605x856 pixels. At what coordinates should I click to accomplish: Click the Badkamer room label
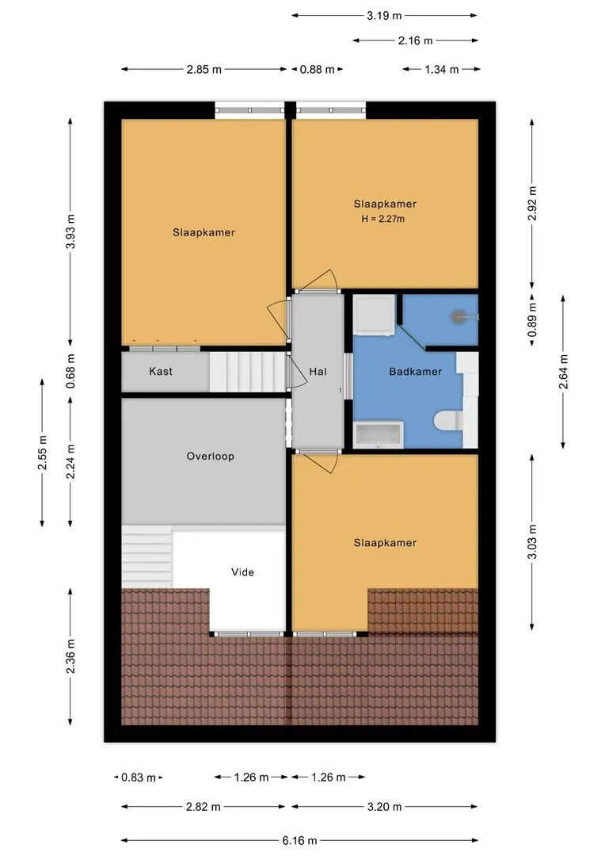[x=415, y=371]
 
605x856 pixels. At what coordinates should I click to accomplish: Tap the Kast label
[x=161, y=371]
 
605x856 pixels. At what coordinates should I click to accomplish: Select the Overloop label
[x=210, y=457]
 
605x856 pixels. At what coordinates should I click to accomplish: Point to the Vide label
[x=242, y=571]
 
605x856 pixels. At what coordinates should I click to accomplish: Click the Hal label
[x=318, y=371]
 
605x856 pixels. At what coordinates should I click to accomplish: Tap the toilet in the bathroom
[x=450, y=420]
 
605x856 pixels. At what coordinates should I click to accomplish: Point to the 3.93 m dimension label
[x=70, y=231]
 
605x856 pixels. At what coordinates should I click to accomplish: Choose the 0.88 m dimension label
[x=317, y=70]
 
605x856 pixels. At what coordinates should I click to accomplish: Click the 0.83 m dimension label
[x=139, y=778]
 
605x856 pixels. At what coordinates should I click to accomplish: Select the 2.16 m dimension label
[x=416, y=40]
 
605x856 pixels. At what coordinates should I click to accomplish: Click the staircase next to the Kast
[x=246, y=372]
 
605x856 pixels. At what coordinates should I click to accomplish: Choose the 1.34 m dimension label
[x=441, y=70]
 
